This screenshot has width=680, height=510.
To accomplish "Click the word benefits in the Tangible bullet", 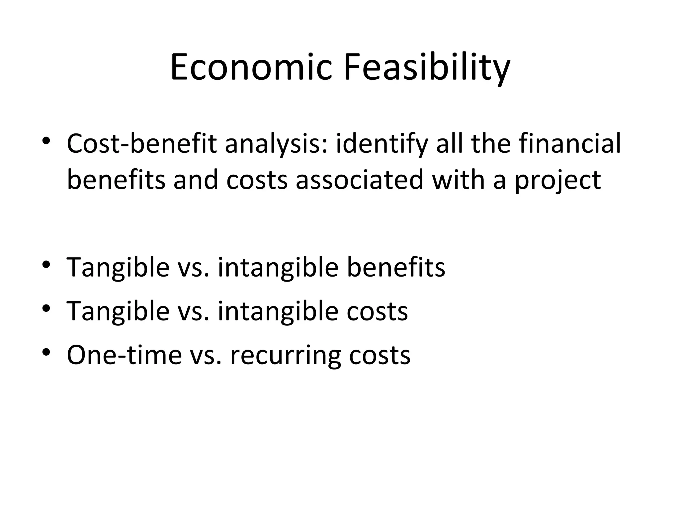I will tap(396, 267).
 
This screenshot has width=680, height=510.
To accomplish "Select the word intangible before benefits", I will tap(278, 267).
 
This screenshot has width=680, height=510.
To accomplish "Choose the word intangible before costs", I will tap(278, 311).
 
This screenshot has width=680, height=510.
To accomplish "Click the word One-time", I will tap(124, 355).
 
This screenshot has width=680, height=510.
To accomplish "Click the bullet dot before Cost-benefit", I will tap(46, 142).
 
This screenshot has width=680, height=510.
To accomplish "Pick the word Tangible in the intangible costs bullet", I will tap(118, 311).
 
